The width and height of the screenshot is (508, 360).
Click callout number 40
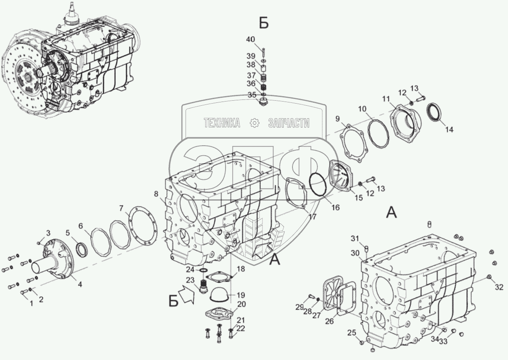coord(250,39)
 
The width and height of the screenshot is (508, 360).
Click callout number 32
coord(499,286)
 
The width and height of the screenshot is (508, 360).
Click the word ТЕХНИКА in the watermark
coord(221,122)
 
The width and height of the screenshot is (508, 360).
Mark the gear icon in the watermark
coord(254,122)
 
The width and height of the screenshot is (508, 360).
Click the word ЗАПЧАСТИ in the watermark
coord(289,122)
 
